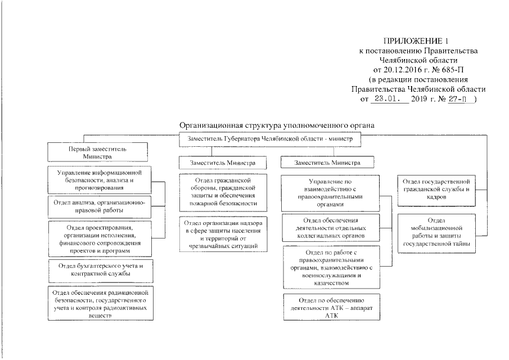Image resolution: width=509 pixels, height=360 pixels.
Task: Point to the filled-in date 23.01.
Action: [388, 99]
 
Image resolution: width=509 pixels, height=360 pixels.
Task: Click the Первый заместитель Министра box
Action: [98, 152]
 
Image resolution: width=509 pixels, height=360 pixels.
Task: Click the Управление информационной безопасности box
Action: [98, 181]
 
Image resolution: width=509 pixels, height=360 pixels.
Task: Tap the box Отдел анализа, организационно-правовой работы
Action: [99, 206]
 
